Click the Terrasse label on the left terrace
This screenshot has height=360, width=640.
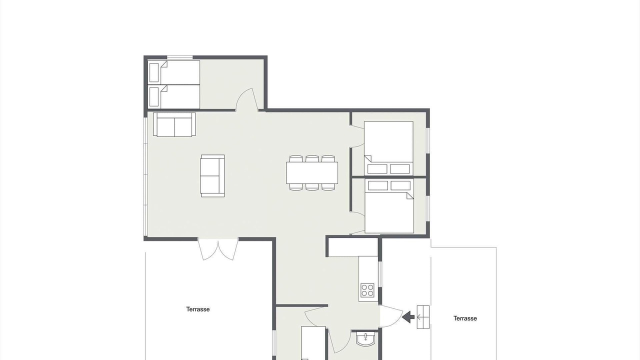click(x=197, y=309)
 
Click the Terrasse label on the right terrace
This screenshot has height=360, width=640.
click(x=465, y=318)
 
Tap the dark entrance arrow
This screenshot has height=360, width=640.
click(x=408, y=317)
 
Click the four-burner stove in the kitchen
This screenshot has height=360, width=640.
click(x=367, y=290)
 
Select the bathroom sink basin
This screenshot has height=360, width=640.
click(x=365, y=339)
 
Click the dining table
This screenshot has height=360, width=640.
click(x=312, y=173)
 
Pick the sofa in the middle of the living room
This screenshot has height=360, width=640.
click(x=212, y=176)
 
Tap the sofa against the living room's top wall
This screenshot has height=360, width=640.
click(x=174, y=124)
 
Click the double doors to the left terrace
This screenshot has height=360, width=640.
click(x=218, y=249)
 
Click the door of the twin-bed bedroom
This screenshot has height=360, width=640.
click(x=247, y=99)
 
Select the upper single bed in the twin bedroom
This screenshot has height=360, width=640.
click(x=173, y=72)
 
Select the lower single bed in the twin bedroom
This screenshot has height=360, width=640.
click(x=173, y=96)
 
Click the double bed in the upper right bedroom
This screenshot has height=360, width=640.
click(x=388, y=148)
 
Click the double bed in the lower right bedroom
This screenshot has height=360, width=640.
click(x=389, y=206)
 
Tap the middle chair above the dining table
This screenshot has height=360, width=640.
click(x=312, y=159)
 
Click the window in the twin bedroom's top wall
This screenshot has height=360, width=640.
click(x=179, y=57)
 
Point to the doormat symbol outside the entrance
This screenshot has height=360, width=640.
click(x=423, y=317)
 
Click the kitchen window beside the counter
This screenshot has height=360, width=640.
click(x=380, y=274)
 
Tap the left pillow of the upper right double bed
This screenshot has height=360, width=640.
click(x=377, y=169)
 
